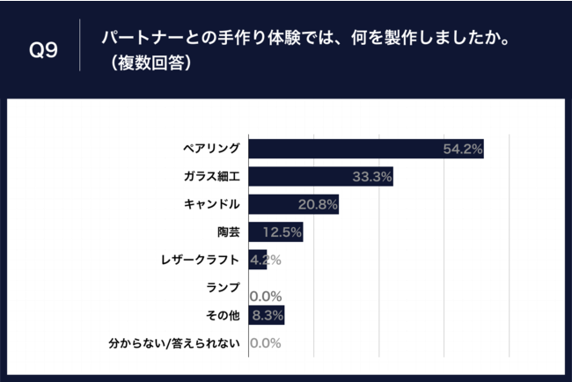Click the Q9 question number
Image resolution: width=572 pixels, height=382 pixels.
[x=44, y=50]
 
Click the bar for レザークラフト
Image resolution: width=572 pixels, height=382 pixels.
[x=257, y=260]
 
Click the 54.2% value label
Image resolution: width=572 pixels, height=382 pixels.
[x=463, y=150]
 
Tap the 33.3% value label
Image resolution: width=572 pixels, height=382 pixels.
[x=371, y=178]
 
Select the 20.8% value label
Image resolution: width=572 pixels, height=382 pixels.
[x=317, y=205]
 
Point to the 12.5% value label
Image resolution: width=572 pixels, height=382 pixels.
[x=282, y=233]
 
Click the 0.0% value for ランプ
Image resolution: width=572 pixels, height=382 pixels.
[x=265, y=297]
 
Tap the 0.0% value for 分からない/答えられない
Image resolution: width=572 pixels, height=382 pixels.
[x=265, y=343]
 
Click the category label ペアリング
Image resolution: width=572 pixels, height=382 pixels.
[x=210, y=149]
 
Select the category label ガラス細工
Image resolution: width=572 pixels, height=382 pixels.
[x=212, y=177]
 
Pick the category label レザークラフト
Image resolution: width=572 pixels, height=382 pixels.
[x=200, y=260]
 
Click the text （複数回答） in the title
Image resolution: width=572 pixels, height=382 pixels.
[x=147, y=64]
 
